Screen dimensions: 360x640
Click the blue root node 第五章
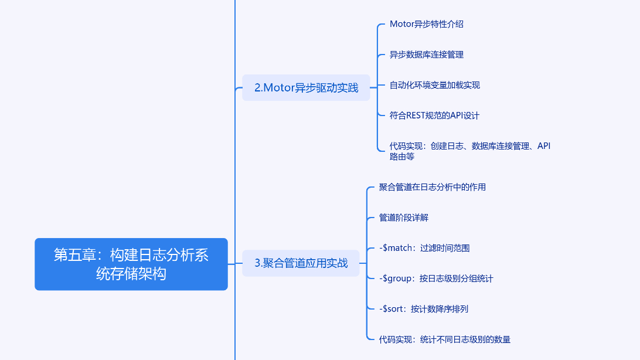tap(131, 264)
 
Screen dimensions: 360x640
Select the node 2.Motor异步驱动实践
tap(306, 88)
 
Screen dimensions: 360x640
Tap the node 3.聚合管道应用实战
tap(301, 263)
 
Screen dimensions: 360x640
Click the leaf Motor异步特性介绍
tap(427, 24)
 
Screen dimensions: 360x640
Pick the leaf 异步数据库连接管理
tap(427, 55)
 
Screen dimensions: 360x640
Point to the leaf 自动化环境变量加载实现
tap(435, 85)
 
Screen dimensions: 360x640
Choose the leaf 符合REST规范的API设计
tap(434, 116)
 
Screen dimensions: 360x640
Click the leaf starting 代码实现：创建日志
tap(469, 146)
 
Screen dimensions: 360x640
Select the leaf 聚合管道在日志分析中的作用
tap(433, 187)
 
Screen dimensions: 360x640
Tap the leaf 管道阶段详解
tap(404, 218)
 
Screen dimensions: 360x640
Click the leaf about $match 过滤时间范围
tap(424, 248)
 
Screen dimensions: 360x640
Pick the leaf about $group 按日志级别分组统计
tap(436, 279)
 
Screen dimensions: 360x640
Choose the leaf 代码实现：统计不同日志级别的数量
tap(445, 339)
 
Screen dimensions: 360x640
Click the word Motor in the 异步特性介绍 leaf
tap(401, 24)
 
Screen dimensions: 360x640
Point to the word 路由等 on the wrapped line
tap(402, 157)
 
